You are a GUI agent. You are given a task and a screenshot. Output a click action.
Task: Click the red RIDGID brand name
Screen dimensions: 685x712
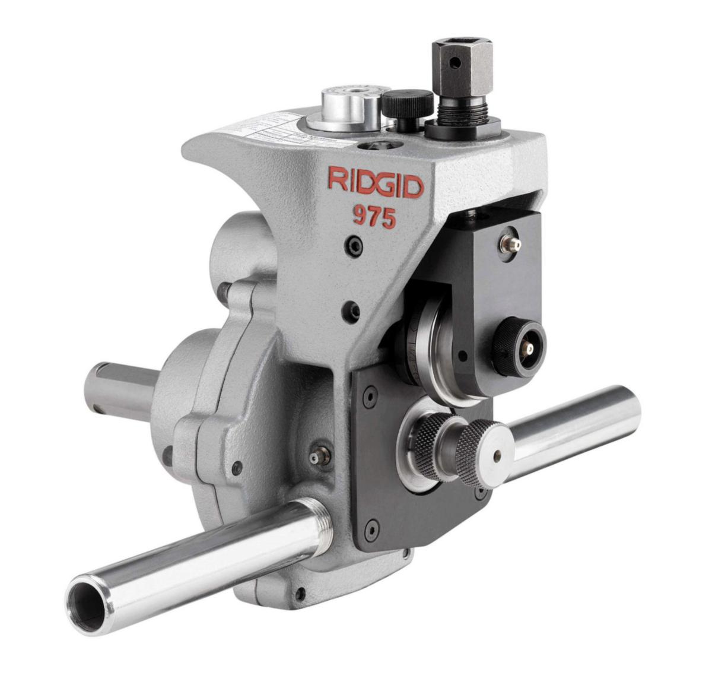(x=375, y=183)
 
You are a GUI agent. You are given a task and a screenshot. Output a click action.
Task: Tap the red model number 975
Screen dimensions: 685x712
(x=374, y=217)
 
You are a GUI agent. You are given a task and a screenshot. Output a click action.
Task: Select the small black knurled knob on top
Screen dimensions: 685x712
(x=406, y=104)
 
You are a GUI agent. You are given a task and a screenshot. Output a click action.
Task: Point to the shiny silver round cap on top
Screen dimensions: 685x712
(x=351, y=106)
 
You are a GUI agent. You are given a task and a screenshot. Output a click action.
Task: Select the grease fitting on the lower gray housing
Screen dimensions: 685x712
(x=319, y=455)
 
